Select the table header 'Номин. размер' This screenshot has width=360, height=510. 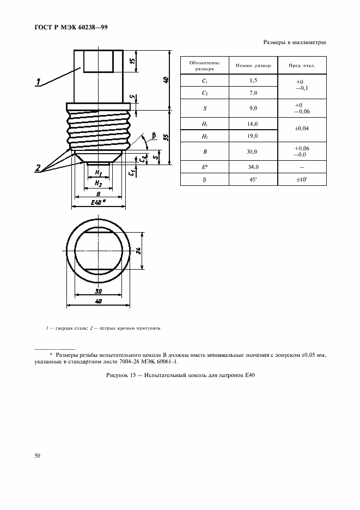(x=253, y=65)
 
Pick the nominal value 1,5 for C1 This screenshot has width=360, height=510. (x=253, y=81)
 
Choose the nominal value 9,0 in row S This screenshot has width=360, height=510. (x=253, y=108)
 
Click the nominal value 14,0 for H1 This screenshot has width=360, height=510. (x=253, y=124)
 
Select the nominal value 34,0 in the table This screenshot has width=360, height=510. (x=253, y=167)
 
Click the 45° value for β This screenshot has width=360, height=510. (x=253, y=179)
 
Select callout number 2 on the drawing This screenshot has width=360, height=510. (x=39, y=168)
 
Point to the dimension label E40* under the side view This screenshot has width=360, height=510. (x=98, y=203)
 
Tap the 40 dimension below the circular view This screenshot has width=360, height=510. (x=98, y=300)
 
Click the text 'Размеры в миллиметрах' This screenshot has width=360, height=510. (x=295, y=42)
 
